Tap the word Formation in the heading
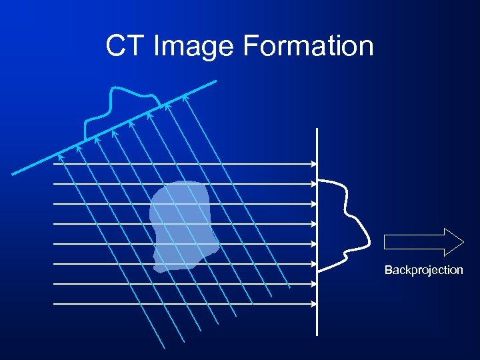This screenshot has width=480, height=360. pyautogui.click(x=308, y=46)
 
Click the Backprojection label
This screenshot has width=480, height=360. pyautogui.click(x=423, y=270)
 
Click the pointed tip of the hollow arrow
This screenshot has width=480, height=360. pyautogui.click(x=463, y=241)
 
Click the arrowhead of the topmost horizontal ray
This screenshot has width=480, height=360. pyautogui.click(x=314, y=163)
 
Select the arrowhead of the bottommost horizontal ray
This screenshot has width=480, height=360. pyautogui.click(x=314, y=304)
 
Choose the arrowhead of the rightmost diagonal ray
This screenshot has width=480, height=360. pyautogui.click(x=185, y=98)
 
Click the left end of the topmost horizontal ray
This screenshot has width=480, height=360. pyautogui.click(x=54, y=163)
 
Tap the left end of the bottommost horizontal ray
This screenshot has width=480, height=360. pyautogui.click(x=54, y=304)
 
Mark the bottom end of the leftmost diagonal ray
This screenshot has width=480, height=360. pyautogui.click(x=164, y=347)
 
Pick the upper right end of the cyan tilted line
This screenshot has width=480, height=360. pyautogui.click(x=215, y=82)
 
